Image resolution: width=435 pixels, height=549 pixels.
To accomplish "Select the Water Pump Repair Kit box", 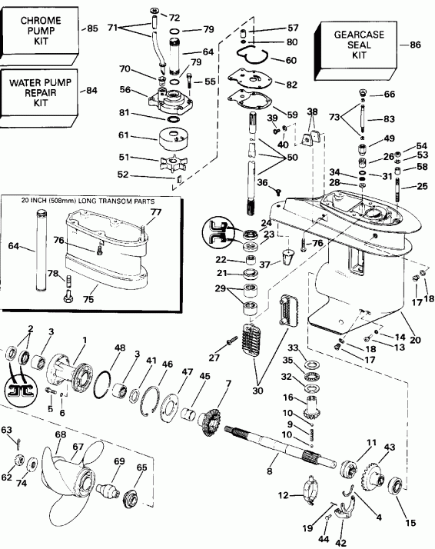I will coord(38,91).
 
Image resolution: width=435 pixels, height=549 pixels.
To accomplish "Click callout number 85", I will coord(93,29).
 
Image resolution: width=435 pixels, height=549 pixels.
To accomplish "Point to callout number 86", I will coord(415,45).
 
